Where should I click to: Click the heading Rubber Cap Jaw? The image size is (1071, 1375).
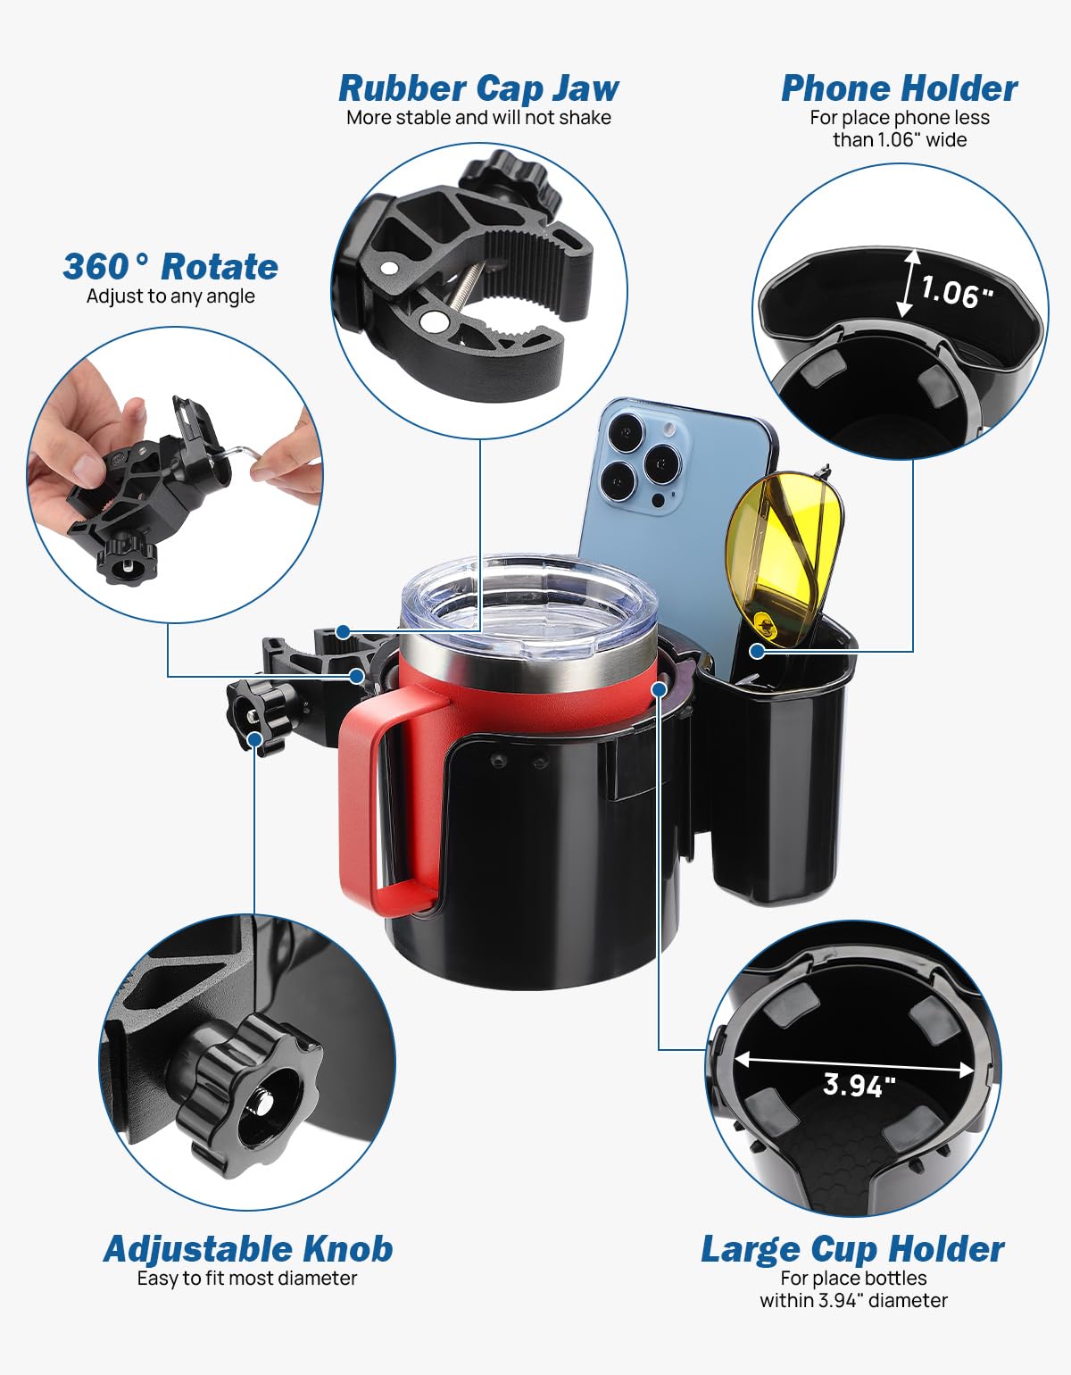(478, 88)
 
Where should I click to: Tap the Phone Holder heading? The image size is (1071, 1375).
(899, 88)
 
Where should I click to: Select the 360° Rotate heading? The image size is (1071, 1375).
(170, 267)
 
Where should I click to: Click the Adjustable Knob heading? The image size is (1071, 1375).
(248, 1248)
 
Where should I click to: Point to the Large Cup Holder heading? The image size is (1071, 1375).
(852, 1248)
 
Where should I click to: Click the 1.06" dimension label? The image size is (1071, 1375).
(956, 292)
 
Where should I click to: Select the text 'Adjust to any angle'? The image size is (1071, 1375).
(170, 296)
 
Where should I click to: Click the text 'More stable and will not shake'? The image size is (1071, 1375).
(478, 118)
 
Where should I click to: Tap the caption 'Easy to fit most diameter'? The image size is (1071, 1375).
(247, 1279)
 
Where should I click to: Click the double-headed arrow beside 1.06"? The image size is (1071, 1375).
(909, 283)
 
